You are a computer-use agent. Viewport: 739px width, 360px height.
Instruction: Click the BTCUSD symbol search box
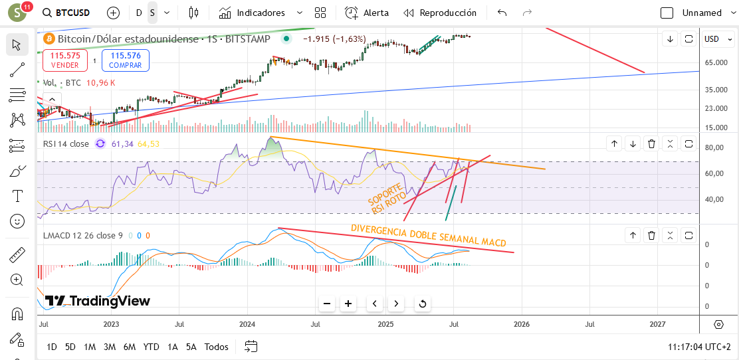pos(66,13)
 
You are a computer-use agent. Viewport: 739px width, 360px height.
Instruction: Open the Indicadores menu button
pos(261,13)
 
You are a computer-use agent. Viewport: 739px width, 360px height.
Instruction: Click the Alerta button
pos(367,13)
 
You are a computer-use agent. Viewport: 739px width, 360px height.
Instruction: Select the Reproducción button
pos(440,13)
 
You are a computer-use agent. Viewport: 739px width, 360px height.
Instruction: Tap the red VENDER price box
pos(65,60)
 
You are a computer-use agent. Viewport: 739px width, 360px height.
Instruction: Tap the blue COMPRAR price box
pos(126,60)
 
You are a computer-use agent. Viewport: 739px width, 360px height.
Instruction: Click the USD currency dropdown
pos(716,39)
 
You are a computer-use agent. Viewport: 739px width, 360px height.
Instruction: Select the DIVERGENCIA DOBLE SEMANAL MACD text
pos(429,234)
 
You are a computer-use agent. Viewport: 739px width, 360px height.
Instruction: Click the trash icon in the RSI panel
pos(651,143)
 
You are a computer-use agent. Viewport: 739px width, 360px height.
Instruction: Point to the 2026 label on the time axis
pos(522,324)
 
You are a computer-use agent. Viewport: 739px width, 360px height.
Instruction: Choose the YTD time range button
pos(151,347)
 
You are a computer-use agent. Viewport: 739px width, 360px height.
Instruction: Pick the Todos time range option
pos(217,347)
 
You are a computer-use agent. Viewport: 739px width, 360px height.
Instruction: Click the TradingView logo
pos(98,301)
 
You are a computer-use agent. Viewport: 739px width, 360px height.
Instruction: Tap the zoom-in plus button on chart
pos(348,304)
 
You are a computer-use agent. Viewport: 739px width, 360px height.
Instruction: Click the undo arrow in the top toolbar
pos(502,13)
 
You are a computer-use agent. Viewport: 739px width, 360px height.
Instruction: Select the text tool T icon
pos(17,195)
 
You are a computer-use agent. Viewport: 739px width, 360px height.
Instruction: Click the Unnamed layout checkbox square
pos(667,13)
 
